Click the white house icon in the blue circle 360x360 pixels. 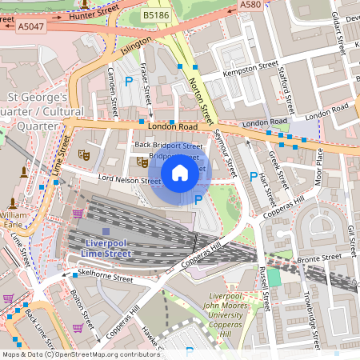click(180, 173)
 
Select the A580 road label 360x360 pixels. click(250, 5)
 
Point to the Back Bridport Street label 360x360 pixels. click(168, 146)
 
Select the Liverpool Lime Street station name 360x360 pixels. click(106, 248)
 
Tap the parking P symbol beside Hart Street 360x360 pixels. click(254, 177)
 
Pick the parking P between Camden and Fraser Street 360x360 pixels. click(129, 81)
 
